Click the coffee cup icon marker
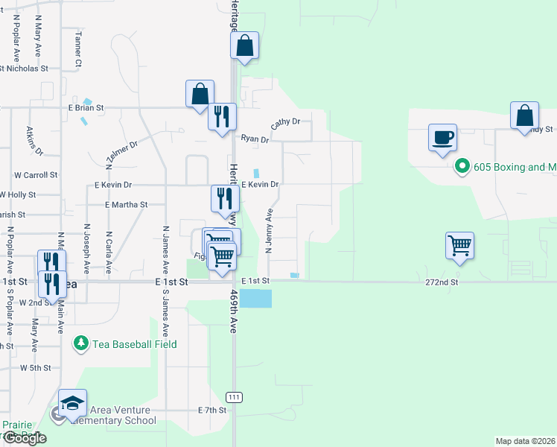[x=442, y=138]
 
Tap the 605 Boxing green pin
[x=462, y=166]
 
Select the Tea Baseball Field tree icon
[x=80, y=343]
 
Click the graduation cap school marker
[x=72, y=404]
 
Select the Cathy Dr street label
[x=285, y=122]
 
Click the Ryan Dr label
[x=255, y=139]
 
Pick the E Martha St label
[x=127, y=204]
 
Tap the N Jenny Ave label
[x=270, y=230]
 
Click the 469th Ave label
[x=233, y=311]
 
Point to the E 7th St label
[x=211, y=410]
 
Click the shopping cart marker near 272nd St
[x=460, y=245]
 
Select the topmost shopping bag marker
[x=244, y=46]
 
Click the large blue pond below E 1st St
[x=255, y=299]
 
